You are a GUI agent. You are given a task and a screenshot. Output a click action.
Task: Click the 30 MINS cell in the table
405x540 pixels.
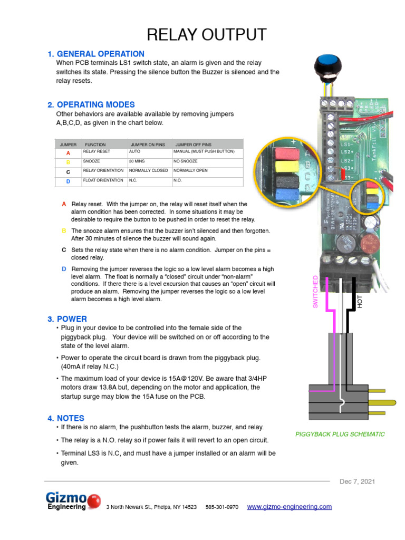[137, 161]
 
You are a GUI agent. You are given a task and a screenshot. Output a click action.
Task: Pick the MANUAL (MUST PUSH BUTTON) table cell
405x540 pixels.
[204, 151]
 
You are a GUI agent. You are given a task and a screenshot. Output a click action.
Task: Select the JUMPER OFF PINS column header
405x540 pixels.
[193, 144]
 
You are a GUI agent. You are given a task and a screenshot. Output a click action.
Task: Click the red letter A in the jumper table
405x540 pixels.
[68, 153]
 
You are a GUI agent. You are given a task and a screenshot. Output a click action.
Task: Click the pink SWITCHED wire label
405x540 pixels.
[316, 292]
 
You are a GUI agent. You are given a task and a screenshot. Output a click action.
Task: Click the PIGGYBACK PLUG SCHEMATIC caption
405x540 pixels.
[340, 434]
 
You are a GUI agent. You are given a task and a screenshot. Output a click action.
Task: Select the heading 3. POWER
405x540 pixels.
[67, 319]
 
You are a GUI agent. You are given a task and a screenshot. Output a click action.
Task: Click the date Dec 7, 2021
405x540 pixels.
[357, 481]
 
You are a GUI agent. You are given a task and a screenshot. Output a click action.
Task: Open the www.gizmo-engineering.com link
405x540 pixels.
[290, 507]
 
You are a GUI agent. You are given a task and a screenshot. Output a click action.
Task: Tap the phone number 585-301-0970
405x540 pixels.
[221, 507]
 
